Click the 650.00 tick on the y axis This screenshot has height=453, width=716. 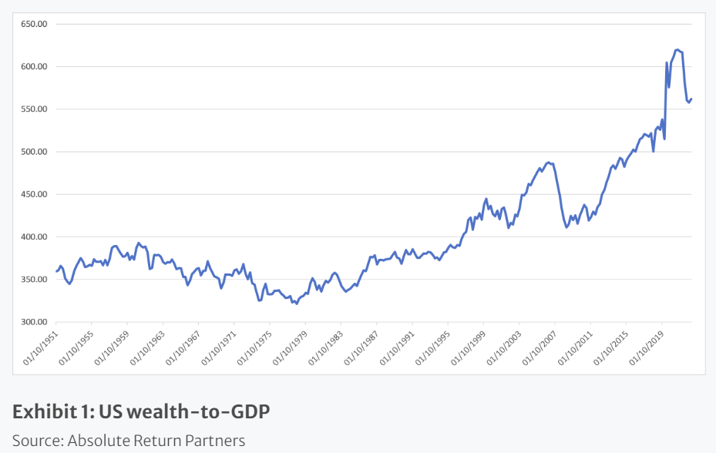pos(34,24)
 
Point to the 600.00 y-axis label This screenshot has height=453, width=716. pos(34,66)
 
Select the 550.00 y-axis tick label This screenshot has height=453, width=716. pos(34,109)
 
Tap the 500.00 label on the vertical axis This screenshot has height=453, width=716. pos(34,152)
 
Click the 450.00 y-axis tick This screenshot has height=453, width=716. pos(34,194)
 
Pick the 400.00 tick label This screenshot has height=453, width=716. pos(34,237)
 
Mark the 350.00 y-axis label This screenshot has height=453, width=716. pos(34,280)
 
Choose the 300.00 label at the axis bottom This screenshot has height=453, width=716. pos(34,322)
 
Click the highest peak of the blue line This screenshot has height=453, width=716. pos(677,49)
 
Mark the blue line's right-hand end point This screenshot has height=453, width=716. pos(691,99)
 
